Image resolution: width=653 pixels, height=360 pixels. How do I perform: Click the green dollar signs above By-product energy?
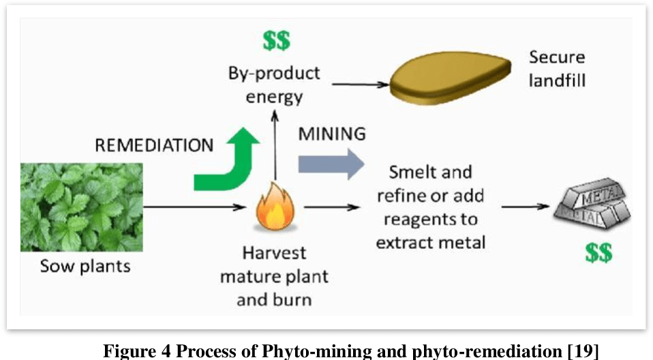[x=277, y=41]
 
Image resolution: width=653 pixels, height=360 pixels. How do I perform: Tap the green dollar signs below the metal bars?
[x=598, y=253]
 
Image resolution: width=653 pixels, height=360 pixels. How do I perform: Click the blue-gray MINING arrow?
[x=331, y=164]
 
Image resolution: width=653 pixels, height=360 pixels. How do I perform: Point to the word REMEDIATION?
[x=154, y=145]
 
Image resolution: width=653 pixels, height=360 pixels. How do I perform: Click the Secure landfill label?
[x=556, y=69]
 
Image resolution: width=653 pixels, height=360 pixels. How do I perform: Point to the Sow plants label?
[x=85, y=266]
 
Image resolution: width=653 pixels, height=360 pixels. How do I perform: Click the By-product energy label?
[x=274, y=84]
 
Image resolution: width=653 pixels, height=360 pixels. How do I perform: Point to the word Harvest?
[x=274, y=253]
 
